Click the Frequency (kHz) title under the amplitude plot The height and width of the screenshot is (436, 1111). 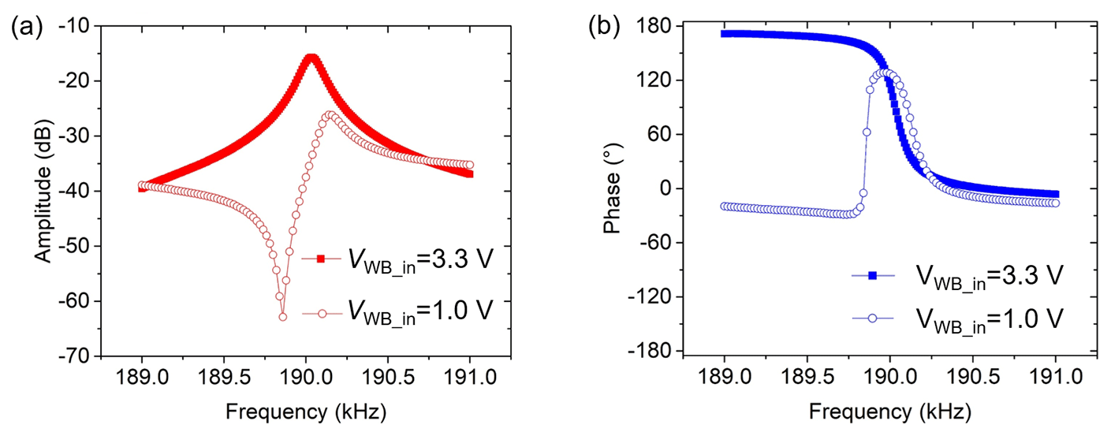(x=306, y=411)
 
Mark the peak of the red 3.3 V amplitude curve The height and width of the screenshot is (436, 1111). (x=311, y=57)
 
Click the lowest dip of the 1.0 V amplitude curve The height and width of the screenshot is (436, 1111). (x=282, y=316)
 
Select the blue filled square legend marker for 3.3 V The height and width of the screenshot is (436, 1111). (x=873, y=275)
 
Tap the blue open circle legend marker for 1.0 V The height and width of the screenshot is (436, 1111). (x=873, y=319)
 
